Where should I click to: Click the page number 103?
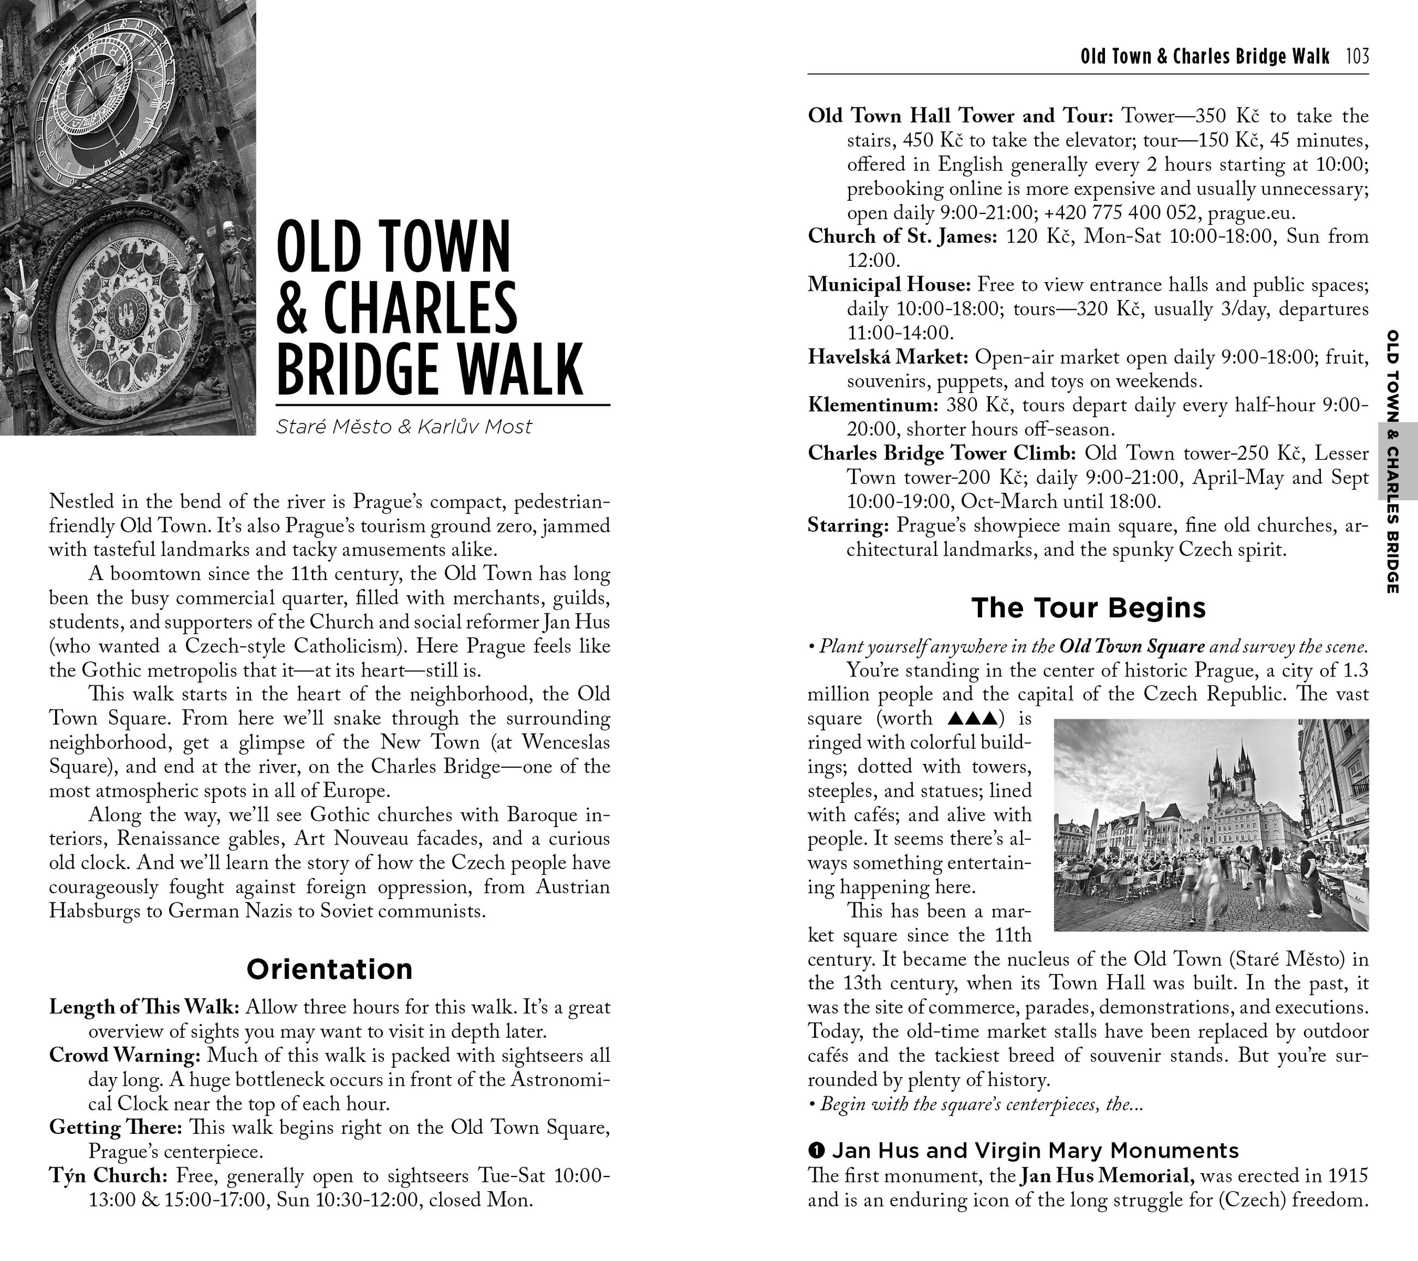click(x=1357, y=56)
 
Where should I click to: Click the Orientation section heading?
click(x=329, y=969)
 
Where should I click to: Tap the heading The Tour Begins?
click(x=1089, y=607)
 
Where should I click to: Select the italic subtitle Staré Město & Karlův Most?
click(x=404, y=426)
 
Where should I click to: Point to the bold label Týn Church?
click(x=108, y=1176)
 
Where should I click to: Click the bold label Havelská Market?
click(x=888, y=357)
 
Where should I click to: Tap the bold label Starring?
click(x=848, y=525)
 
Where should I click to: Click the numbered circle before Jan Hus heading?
click(x=816, y=1151)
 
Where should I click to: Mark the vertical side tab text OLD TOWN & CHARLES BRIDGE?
click(x=1392, y=462)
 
